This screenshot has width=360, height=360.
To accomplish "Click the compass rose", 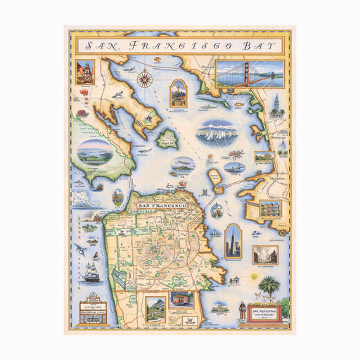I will coord(146,78).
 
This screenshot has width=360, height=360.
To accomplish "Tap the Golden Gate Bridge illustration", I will coord(250,72).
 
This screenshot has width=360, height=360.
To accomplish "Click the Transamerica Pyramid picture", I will coord(233,240).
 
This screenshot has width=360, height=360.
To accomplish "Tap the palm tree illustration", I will coord(269,287).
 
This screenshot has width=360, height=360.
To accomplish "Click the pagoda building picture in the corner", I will coord(84,72).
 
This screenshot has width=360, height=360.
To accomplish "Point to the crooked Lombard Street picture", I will coord(155,309).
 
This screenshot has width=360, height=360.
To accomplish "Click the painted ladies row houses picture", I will coord(269,209).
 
